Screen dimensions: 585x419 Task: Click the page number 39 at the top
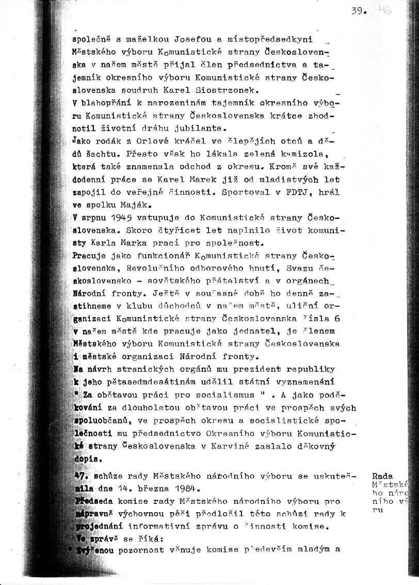point(358,10)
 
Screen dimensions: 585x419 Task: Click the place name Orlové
point(131,140)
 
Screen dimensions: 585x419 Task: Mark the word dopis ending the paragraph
point(85,458)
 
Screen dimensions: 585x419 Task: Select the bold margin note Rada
point(382,476)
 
